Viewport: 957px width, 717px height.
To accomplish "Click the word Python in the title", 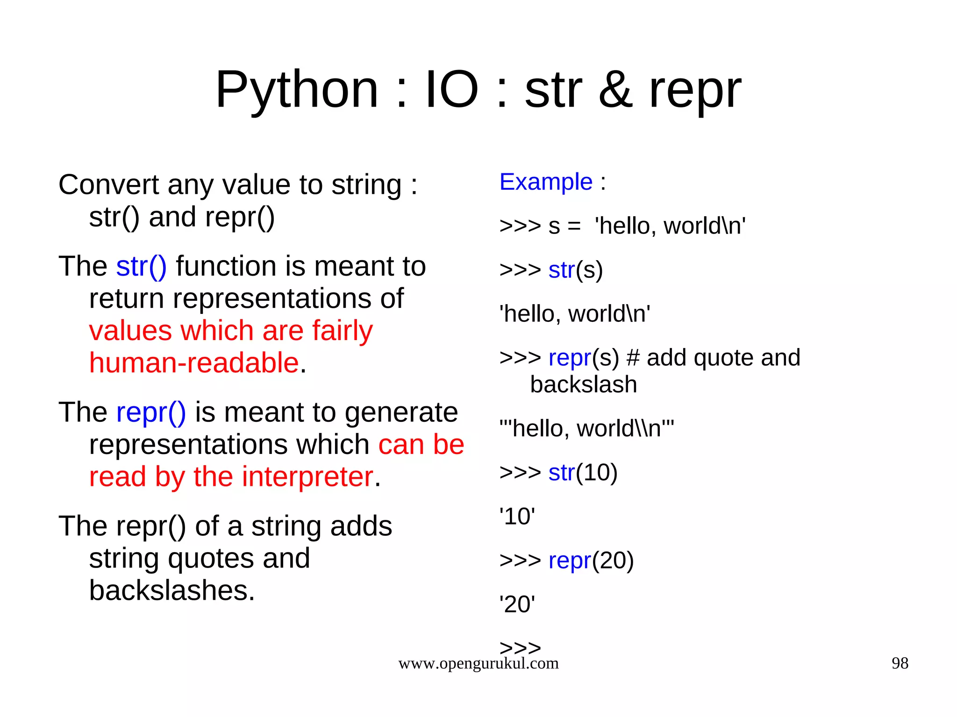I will (x=296, y=90).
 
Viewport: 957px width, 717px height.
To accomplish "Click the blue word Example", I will (x=546, y=182).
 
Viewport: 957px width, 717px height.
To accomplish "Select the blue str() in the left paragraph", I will (x=141, y=266).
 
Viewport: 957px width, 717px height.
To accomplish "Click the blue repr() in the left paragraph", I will (x=151, y=412).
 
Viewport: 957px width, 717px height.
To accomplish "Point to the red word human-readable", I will (x=194, y=363).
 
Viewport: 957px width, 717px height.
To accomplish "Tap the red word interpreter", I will (x=307, y=477).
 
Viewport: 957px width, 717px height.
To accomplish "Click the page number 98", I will (x=900, y=663).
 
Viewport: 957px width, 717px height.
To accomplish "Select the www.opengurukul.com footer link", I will (x=478, y=663).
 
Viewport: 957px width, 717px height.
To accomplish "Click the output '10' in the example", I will (x=517, y=517).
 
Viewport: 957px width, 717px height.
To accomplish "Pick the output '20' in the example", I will (x=517, y=604).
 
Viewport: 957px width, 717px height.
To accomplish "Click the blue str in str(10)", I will (x=561, y=473).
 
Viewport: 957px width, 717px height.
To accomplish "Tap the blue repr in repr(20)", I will (x=570, y=561).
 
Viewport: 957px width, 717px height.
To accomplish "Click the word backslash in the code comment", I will (x=583, y=385).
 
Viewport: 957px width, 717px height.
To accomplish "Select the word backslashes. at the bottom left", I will (x=172, y=590).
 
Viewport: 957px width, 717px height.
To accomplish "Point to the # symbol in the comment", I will (x=633, y=358).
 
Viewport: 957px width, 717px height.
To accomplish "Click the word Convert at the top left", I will (x=108, y=185).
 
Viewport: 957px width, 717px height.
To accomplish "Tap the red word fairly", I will (x=342, y=331).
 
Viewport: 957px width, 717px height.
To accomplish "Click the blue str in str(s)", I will (x=561, y=270).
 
